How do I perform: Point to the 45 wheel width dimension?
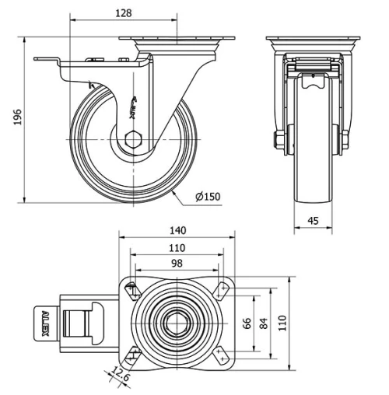pos(314,221)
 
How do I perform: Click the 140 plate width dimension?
pos(178,230)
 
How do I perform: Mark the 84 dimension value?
pos(264,324)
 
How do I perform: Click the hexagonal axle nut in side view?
pos(133,140)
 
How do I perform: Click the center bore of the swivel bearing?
pos(177,323)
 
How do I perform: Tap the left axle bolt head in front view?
pos(277,141)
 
